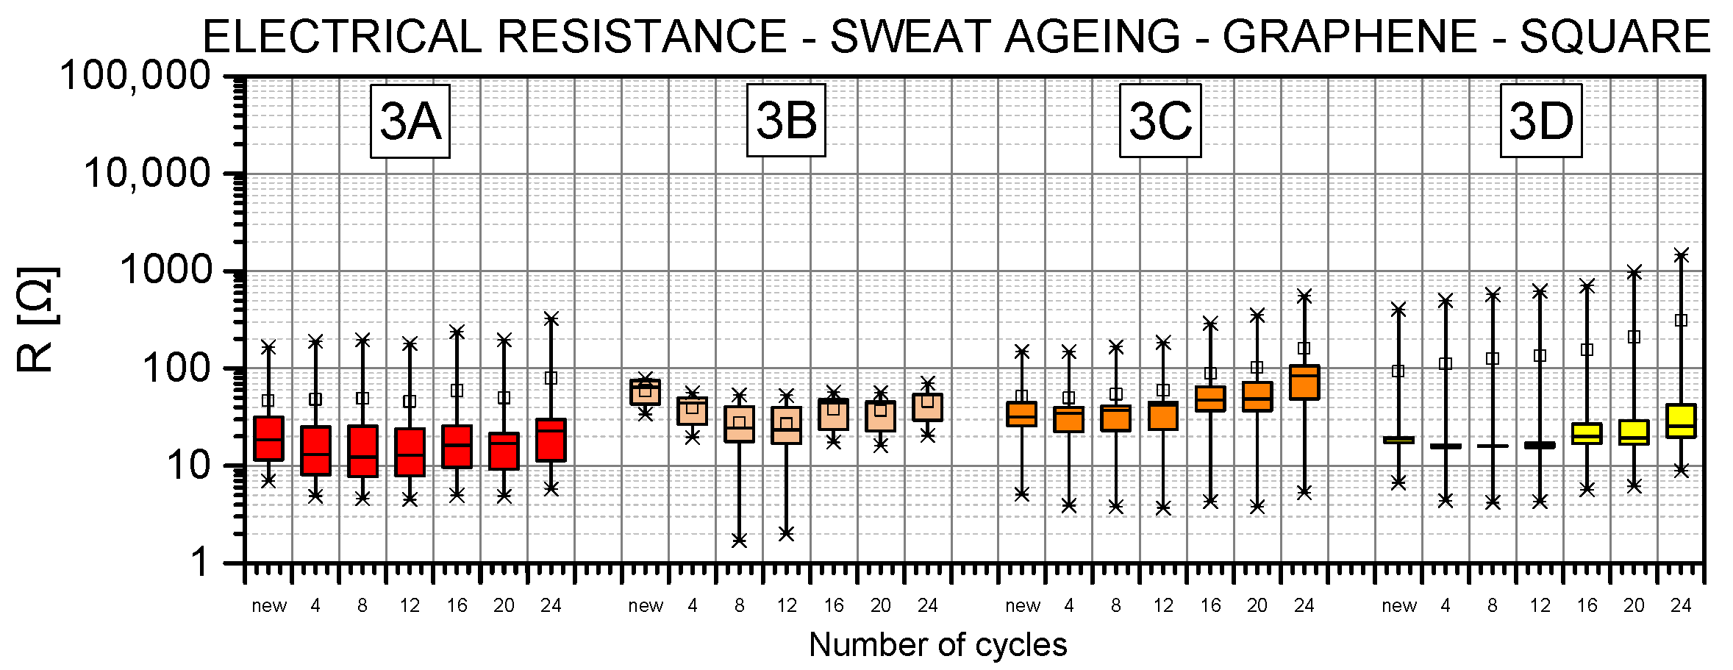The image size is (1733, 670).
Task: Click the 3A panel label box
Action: tap(410, 121)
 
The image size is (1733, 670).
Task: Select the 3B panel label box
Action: tap(786, 121)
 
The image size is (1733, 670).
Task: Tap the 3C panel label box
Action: tap(1159, 121)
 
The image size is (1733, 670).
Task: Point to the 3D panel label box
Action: tap(1540, 121)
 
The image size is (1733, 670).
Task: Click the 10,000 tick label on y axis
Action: tap(147, 174)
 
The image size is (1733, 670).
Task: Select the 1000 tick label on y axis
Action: tap(166, 271)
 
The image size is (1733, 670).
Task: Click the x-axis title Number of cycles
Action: tap(937, 645)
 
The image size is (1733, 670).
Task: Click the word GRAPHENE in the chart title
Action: tap(1349, 37)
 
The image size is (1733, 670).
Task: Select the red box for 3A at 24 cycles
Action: tap(551, 441)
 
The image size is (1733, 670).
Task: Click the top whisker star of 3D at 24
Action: tap(1681, 255)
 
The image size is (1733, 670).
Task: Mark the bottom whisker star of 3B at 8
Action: tap(739, 541)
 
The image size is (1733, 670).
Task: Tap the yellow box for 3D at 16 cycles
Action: tap(1587, 433)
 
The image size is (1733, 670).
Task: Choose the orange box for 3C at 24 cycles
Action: tap(1304, 382)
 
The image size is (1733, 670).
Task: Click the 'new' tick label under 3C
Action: tap(1022, 606)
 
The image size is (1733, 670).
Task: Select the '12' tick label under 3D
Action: tap(1540, 606)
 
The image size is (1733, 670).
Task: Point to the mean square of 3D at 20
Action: tap(1634, 337)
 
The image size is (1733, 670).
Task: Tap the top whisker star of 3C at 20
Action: tap(1257, 316)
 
